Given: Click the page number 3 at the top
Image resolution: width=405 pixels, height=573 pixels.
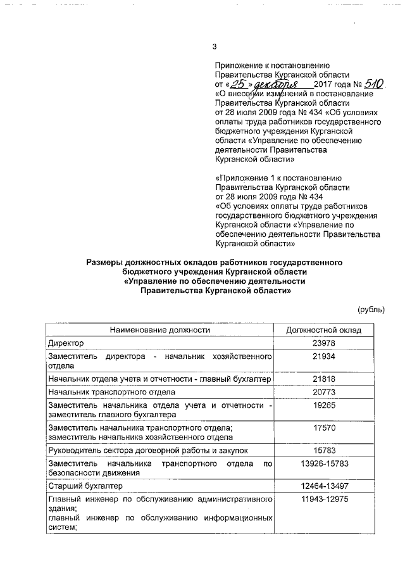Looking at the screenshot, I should point(215,46).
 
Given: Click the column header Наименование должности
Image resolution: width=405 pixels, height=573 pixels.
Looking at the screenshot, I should point(159,330).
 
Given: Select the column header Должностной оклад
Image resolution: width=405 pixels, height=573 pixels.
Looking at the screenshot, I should point(324,330).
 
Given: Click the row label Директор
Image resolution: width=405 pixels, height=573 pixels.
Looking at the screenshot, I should point(66,343).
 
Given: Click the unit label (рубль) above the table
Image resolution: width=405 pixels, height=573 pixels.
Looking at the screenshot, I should point(371,309).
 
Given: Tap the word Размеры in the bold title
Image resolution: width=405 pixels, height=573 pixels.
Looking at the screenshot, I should point(105,261).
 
